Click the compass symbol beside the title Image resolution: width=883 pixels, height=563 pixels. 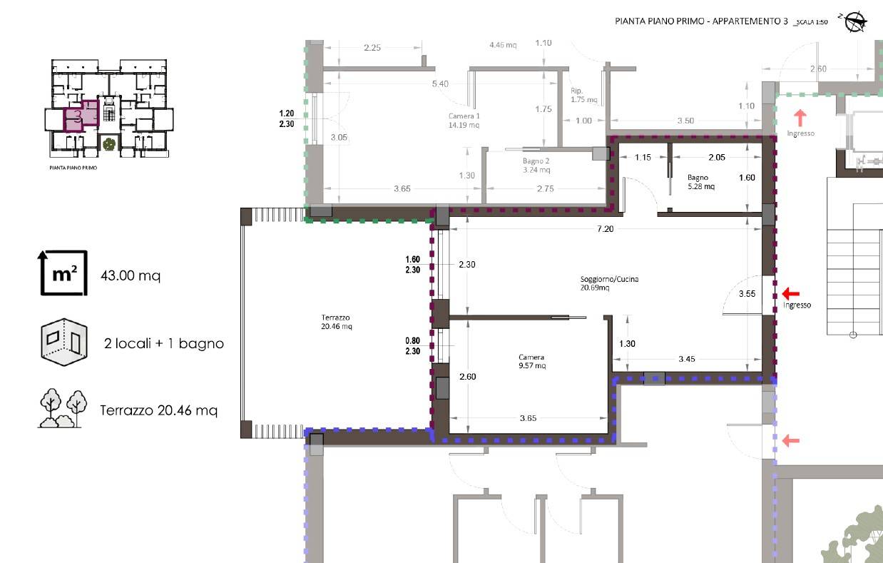click(x=854, y=21)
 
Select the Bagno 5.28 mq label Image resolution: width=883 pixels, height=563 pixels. click(x=701, y=182)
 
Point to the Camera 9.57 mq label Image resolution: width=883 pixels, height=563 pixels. click(x=532, y=361)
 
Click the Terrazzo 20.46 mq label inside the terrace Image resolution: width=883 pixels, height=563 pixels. click(x=336, y=322)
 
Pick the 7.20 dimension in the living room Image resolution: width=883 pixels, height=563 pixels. click(x=605, y=229)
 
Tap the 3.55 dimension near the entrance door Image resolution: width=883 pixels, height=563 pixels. click(x=747, y=294)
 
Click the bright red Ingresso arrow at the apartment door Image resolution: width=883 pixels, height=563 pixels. click(x=791, y=293)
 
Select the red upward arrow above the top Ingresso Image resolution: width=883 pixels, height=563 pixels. click(x=800, y=118)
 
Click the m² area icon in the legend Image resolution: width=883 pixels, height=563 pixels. click(x=63, y=273)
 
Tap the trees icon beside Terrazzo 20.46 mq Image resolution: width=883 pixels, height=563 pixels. click(x=63, y=408)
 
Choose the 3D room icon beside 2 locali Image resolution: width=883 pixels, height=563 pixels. click(x=64, y=343)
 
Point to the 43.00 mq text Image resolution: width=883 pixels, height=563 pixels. click(x=131, y=275)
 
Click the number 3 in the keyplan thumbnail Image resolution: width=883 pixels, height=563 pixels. click(x=78, y=116)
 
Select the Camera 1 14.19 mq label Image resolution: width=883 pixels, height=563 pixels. click(x=464, y=121)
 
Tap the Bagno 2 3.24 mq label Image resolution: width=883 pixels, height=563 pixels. click(x=536, y=166)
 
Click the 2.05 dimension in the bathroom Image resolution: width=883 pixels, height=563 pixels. click(x=717, y=157)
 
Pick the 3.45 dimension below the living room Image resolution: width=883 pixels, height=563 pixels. click(x=687, y=359)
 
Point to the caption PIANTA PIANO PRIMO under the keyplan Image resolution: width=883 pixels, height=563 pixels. click(x=73, y=168)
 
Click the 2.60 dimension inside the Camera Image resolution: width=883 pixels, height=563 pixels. click(x=467, y=377)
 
